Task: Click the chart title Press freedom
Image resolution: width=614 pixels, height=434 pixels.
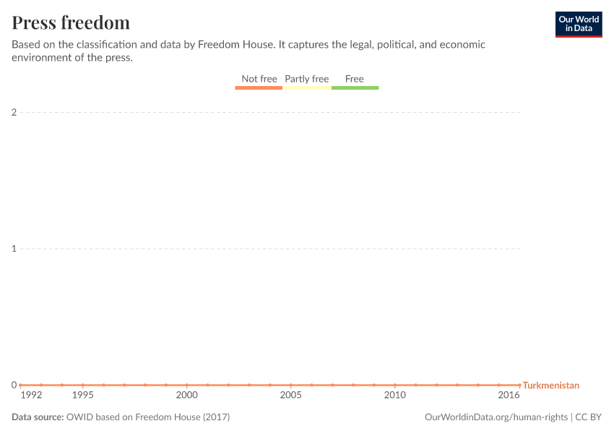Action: click(71, 22)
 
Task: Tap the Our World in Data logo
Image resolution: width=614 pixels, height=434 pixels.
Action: click(578, 24)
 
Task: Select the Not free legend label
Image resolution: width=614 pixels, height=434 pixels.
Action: click(259, 79)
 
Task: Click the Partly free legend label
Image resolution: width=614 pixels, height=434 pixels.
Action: click(306, 79)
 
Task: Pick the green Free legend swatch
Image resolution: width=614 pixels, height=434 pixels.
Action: click(355, 88)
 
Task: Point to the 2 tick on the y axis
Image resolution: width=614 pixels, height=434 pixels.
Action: click(14, 112)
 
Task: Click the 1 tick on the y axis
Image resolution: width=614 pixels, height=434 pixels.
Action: click(14, 249)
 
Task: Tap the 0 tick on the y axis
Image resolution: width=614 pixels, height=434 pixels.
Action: click(14, 385)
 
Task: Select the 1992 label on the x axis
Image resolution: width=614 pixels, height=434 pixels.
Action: click(31, 396)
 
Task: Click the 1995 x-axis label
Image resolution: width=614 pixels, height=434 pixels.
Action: click(82, 396)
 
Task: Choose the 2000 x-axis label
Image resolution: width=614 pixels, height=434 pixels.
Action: click(186, 396)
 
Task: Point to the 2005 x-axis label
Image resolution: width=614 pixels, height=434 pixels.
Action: click(290, 396)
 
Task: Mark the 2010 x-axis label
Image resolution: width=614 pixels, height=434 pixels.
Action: click(394, 396)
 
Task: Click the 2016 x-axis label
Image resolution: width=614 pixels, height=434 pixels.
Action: click(509, 396)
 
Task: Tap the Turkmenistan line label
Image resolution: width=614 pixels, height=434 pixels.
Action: click(550, 386)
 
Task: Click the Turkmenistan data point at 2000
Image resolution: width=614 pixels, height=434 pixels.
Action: click(186, 385)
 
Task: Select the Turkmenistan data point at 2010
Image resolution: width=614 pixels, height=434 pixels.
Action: click(394, 385)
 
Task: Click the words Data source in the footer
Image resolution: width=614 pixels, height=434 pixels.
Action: click(37, 417)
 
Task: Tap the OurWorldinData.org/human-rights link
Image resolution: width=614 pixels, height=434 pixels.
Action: click(496, 417)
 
